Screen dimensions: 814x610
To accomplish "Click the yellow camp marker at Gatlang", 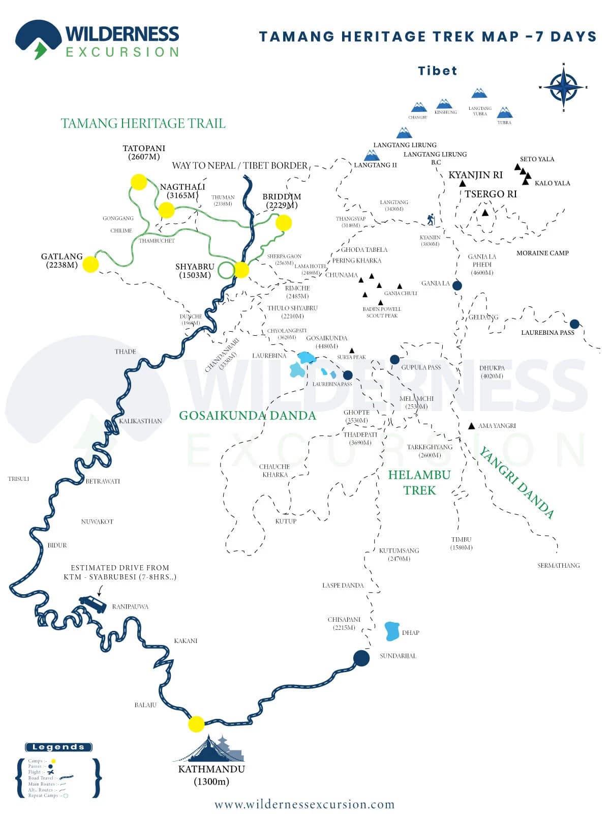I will pos(90,264).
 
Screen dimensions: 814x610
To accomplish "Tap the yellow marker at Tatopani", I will pos(139,182).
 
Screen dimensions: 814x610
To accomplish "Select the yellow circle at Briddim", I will pos(284,222).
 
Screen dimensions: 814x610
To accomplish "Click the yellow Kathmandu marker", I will pos(196,723).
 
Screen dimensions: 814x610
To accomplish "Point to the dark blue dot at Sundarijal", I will pos(361,658).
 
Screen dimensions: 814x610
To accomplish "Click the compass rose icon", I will pos(563,87).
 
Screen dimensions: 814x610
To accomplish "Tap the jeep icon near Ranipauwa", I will pos(93,604).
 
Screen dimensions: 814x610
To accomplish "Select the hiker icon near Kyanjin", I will pos(431,219).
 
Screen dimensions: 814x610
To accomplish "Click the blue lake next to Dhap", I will pos(392,631).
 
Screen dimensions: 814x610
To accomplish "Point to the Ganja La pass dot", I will pos(457,285).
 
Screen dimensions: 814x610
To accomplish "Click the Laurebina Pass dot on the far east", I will pos(574,324).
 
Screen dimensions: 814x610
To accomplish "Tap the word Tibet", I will pos(437,71).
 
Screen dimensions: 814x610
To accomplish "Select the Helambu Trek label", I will pos(419,482).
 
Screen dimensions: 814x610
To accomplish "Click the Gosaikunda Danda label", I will pos(248,416).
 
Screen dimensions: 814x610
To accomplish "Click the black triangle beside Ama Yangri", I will pos(472,426).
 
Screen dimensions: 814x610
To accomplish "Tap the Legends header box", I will pos(58,747).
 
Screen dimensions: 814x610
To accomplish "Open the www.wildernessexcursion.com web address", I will pos(304,804).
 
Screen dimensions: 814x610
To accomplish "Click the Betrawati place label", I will pos(103,481).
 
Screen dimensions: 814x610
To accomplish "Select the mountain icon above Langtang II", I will pos(372,155).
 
